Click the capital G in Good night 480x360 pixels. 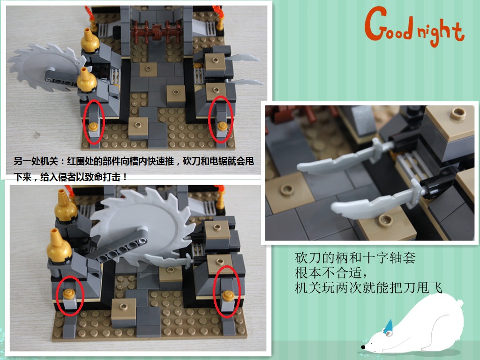tap(376, 23)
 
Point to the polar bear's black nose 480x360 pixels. tap(363, 347)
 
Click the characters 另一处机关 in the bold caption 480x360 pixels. tap(36, 161)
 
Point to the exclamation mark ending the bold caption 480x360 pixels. tap(125, 177)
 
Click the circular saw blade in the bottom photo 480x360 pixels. tap(144, 226)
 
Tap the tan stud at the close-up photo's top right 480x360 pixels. tap(458, 113)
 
